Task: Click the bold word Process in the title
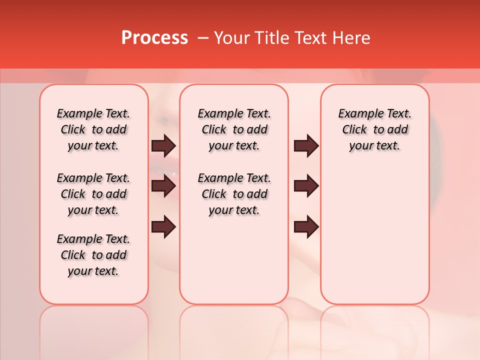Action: (154, 38)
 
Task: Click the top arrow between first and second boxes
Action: (163, 146)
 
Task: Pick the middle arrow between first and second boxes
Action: (163, 186)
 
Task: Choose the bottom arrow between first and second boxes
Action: (163, 226)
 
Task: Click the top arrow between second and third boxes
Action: (306, 146)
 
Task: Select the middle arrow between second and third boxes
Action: (306, 186)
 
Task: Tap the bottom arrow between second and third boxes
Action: (306, 226)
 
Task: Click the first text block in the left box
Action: (93, 129)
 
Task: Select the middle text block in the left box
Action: (93, 194)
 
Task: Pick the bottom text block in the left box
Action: (93, 255)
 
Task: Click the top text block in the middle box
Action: (234, 129)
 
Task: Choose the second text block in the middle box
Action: (234, 194)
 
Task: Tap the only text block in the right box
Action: (374, 129)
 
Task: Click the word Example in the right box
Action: (357, 114)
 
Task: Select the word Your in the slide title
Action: (230, 38)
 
